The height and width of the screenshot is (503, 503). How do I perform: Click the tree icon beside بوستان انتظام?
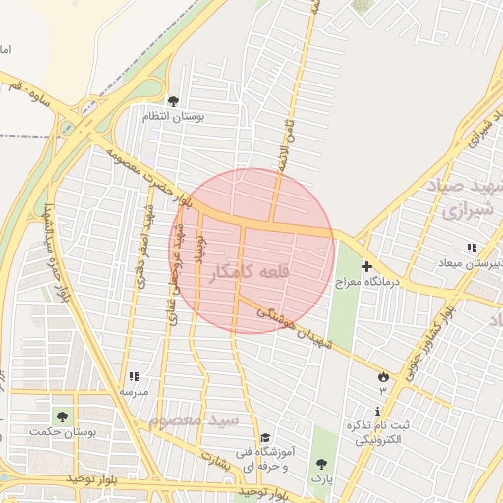click(174, 101)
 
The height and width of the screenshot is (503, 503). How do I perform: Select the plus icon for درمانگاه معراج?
click(366, 266)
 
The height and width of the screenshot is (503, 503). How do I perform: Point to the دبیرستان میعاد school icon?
click(472, 249)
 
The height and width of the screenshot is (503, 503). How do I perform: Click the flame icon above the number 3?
click(383, 377)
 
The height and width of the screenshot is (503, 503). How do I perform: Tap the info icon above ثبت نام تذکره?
click(379, 411)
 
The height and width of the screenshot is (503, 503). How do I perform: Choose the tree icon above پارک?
click(321, 463)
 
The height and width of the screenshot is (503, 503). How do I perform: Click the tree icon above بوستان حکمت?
click(63, 418)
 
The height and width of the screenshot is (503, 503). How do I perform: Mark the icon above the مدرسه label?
click(134, 376)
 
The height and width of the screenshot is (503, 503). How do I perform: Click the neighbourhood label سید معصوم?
click(194, 420)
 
